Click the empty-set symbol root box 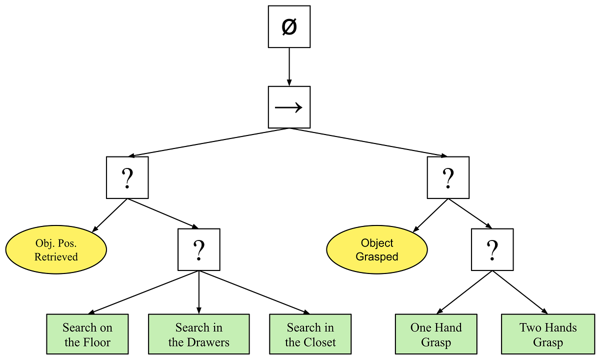pyautogui.click(x=289, y=27)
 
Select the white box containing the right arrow pyautogui.click(x=289, y=107)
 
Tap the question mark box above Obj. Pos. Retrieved pyautogui.click(x=127, y=177)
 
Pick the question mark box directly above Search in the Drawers pyautogui.click(x=198, y=249)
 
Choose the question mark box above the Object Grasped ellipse pyautogui.click(x=448, y=177)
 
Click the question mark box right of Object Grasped pyautogui.click(x=492, y=249)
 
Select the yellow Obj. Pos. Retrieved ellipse pyautogui.click(x=56, y=249)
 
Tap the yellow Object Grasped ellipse pyautogui.click(x=377, y=249)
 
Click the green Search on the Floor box pyautogui.click(x=87, y=335)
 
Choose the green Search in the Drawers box pyautogui.click(x=198, y=335)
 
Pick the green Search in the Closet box pyautogui.click(x=310, y=335)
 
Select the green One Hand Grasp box pyautogui.click(x=436, y=335)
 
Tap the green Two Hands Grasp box pyautogui.click(x=548, y=335)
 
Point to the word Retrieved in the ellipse pyautogui.click(x=56, y=257)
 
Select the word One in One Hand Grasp pyautogui.click(x=420, y=328)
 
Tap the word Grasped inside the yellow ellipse pyautogui.click(x=377, y=257)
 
